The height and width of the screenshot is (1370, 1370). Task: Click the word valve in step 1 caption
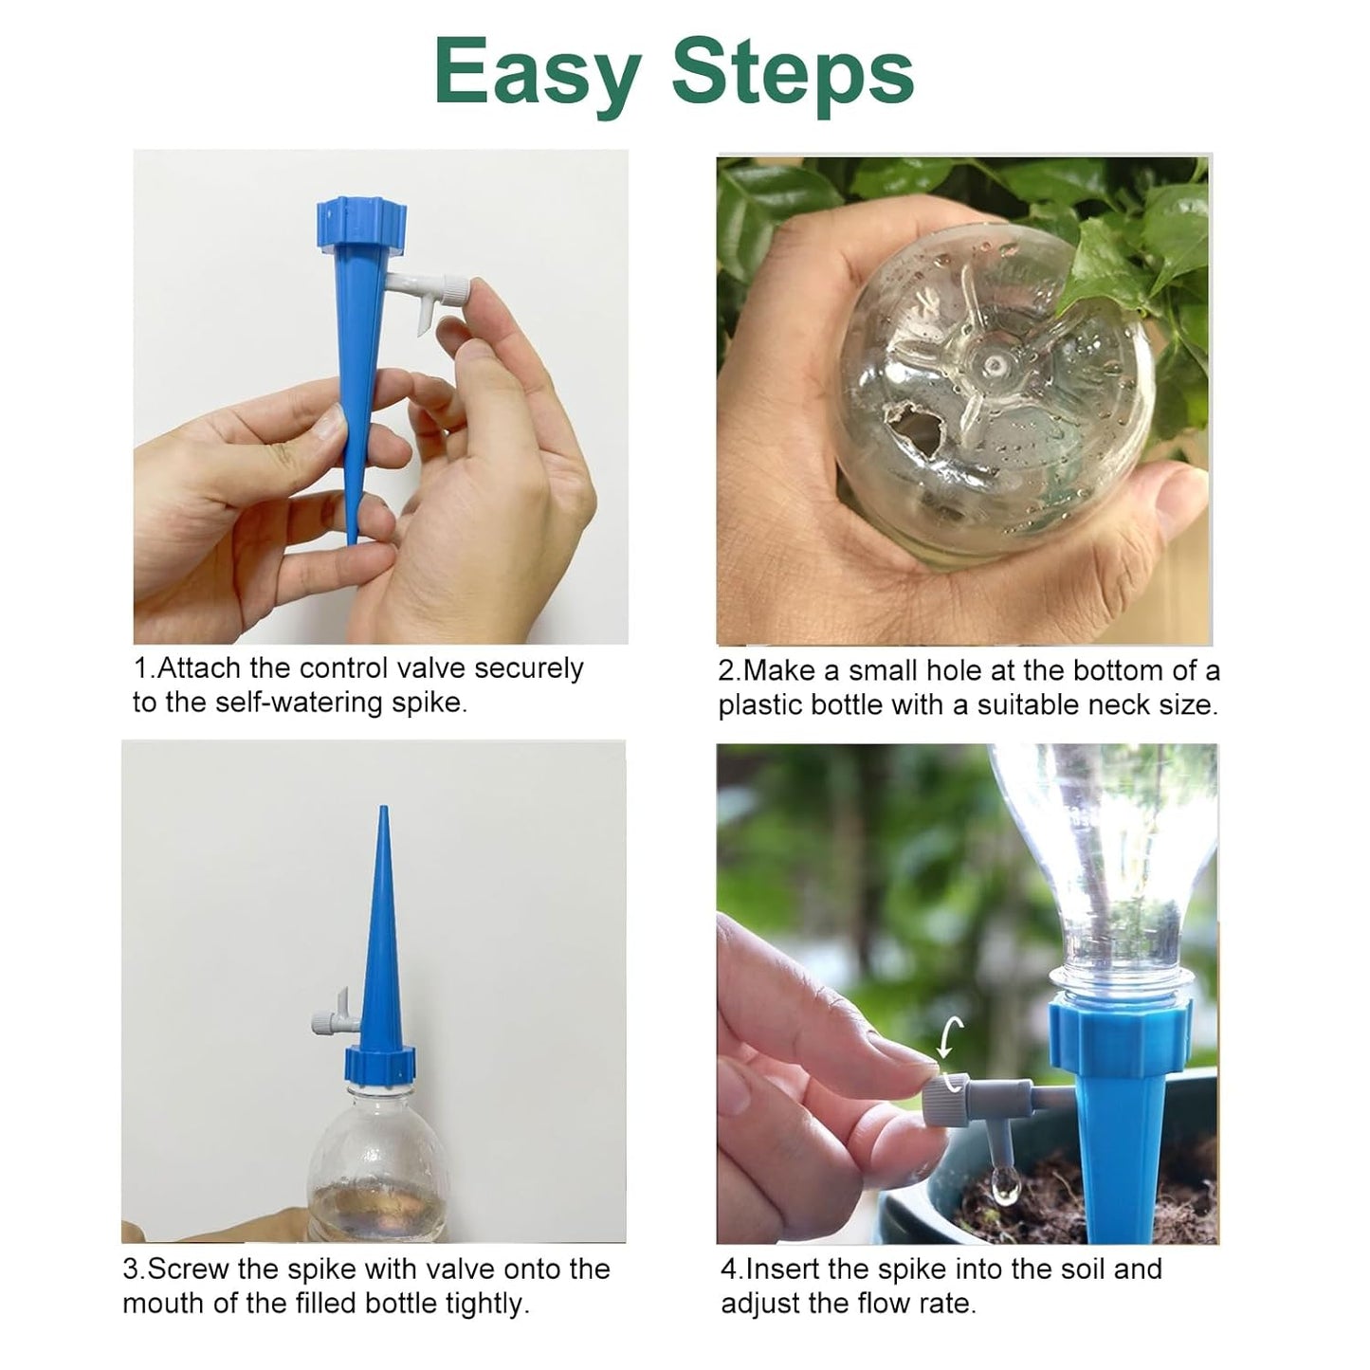(431, 668)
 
